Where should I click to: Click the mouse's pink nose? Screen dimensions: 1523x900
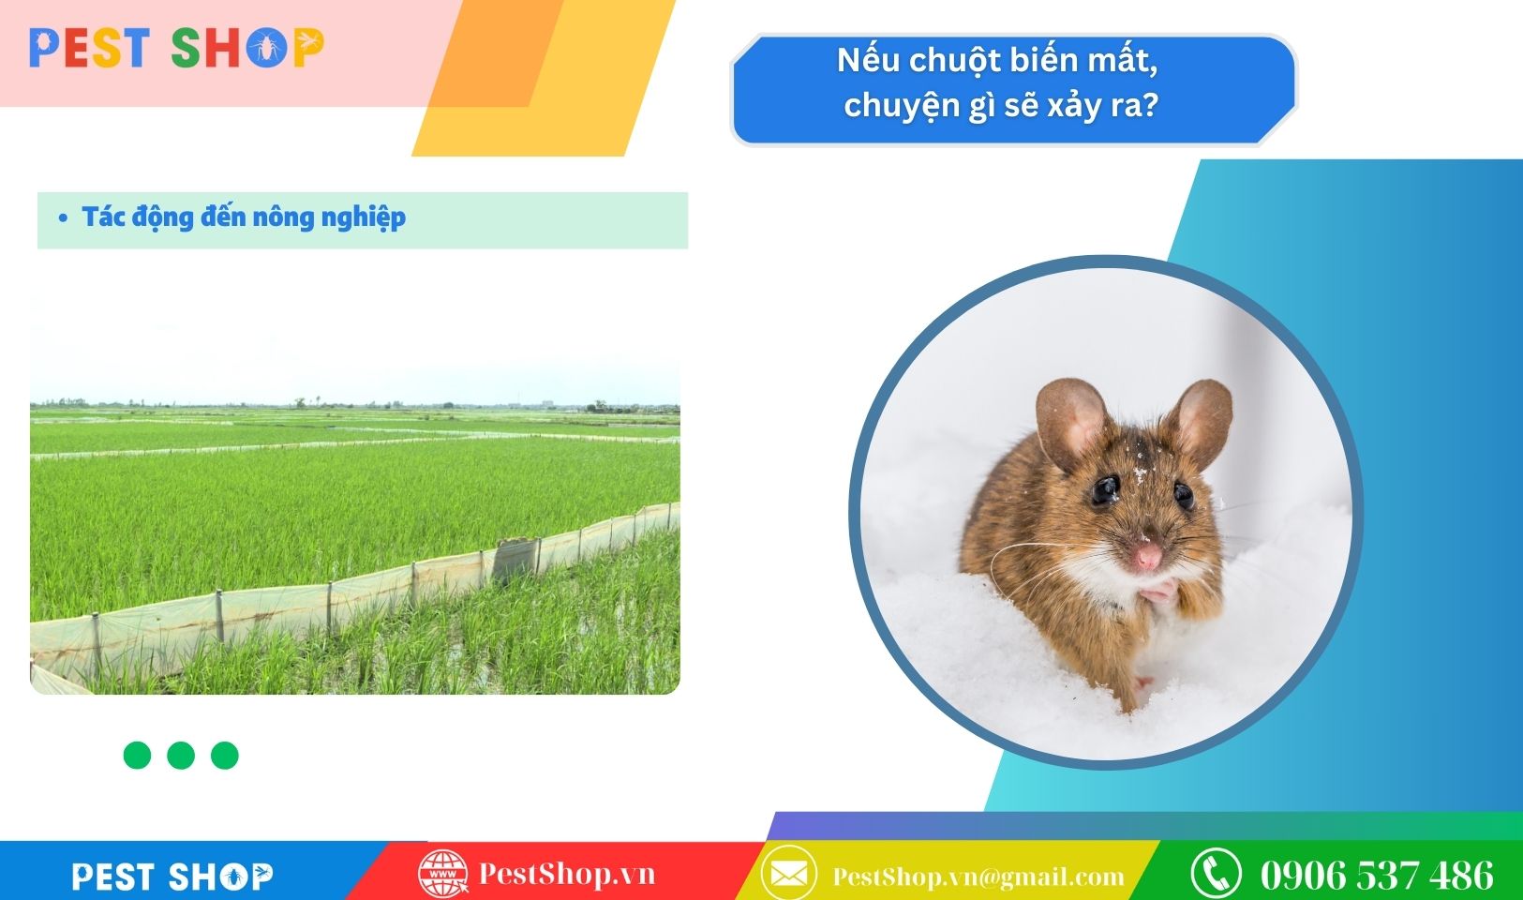pyautogui.click(x=1148, y=556)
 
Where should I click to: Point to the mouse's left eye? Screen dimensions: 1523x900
pyautogui.click(x=1105, y=489)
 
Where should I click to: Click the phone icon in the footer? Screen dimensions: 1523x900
pyautogui.click(x=1217, y=874)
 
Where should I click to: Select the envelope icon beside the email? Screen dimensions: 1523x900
pyautogui.click(x=789, y=874)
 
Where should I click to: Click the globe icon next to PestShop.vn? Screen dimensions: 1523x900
pyautogui.click(x=443, y=874)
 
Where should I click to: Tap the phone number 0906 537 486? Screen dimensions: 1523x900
pyautogui.click(x=1377, y=875)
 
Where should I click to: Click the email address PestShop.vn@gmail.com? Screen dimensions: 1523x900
pyautogui.click(x=978, y=877)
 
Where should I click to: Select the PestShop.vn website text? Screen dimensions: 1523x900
pyautogui.click(x=567, y=874)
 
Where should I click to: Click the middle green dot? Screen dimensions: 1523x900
pyautogui.click(x=181, y=755)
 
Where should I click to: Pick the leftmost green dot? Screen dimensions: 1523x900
pyautogui.click(x=137, y=755)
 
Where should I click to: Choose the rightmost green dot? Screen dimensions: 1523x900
pyautogui.click(x=224, y=755)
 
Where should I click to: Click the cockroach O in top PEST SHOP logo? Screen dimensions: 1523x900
pyautogui.click(x=266, y=49)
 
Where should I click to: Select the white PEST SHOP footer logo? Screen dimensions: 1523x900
pyautogui.click(x=172, y=877)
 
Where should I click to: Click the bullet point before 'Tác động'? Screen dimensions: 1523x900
pyautogui.click(x=63, y=217)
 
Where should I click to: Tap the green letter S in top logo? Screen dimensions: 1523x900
pyautogui.click(x=185, y=49)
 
